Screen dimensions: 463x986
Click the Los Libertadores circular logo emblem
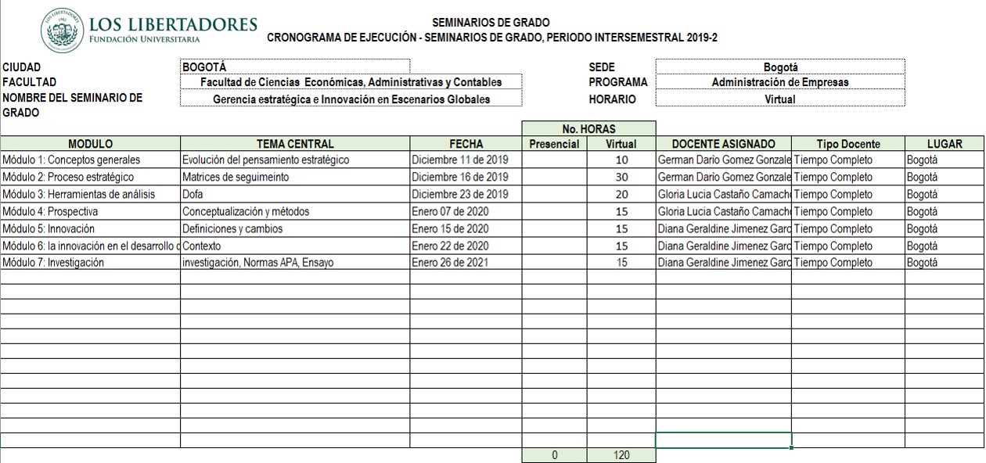point(63,30)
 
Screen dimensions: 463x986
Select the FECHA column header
point(466,144)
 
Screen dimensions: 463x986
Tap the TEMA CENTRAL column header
point(295,144)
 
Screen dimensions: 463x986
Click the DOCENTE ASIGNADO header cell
point(723,144)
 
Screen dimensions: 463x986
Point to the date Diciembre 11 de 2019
point(460,160)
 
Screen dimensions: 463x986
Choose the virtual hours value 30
point(621,178)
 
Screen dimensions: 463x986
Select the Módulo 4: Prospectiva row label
point(50,212)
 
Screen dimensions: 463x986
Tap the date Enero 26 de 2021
point(450,263)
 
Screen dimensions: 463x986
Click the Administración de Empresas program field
point(779,82)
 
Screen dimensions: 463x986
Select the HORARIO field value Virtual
point(779,99)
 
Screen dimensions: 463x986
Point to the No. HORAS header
point(588,128)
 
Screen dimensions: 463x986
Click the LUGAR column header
point(944,144)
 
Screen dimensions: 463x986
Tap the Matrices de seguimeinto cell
point(236,178)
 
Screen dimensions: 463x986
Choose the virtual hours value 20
point(621,195)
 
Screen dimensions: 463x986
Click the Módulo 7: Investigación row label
point(53,263)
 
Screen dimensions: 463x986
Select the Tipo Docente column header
point(848,144)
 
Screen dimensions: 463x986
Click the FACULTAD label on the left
point(30,82)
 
